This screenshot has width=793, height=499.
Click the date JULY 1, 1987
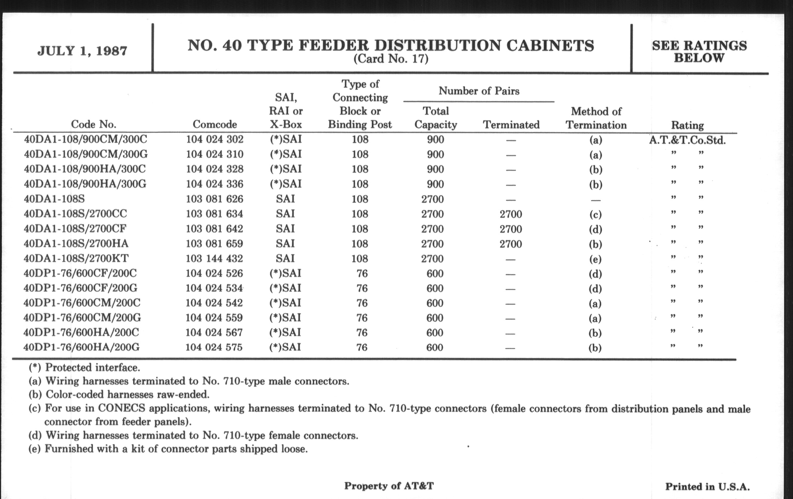coord(82,51)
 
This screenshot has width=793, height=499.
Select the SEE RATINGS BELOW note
coord(699,52)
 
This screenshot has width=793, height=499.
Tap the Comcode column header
coord(215,124)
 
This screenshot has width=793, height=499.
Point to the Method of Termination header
coord(596,118)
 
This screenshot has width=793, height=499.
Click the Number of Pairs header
coord(479,91)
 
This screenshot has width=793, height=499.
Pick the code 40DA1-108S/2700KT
coord(76,258)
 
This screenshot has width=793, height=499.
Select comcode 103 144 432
coord(214,258)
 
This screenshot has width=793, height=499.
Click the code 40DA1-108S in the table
coord(54,199)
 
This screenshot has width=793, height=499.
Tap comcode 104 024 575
coord(214,347)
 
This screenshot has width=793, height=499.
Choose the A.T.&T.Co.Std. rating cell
coord(687,140)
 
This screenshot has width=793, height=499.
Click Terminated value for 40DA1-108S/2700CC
coord(510,214)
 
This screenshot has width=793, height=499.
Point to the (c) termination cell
coord(595,214)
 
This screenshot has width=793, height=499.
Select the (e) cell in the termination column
coord(595,259)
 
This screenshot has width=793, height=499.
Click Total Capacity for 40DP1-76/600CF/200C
coord(435,273)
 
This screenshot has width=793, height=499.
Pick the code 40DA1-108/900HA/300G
coord(85,184)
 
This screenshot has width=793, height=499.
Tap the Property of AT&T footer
coord(389,486)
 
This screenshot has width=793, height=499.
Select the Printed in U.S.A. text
coord(707,487)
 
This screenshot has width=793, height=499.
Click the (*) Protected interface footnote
coord(84,367)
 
